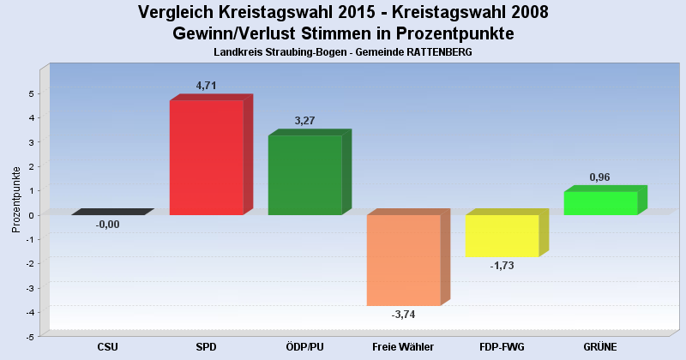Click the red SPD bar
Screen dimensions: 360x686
click(x=206, y=157)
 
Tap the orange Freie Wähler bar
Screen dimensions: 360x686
click(x=403, y=260)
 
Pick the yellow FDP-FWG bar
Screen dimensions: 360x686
click(x=502, y=235)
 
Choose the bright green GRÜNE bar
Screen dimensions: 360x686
click(x=600, y=203)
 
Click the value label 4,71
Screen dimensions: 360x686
click(x=207, y=86)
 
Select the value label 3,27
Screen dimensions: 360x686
click(x=304, y=121)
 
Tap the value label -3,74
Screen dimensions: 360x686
click(x=403, y=315)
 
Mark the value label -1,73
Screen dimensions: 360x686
click(x=502, y=266)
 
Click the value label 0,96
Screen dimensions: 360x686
click(x=600, y=177)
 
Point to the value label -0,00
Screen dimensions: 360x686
click(x=108, y=225)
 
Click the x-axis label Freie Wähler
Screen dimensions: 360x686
click(x=403, y=347)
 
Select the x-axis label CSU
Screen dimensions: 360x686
click(x=108, y=347)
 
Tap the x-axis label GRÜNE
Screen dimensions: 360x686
click(x=600, y=347)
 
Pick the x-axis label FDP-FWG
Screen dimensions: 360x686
click(x=502, y=347)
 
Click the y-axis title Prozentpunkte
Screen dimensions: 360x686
click(x=16, y=198)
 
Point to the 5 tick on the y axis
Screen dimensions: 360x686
click(x=32, y=93)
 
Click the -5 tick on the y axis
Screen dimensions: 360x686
click(x=30, y=337)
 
